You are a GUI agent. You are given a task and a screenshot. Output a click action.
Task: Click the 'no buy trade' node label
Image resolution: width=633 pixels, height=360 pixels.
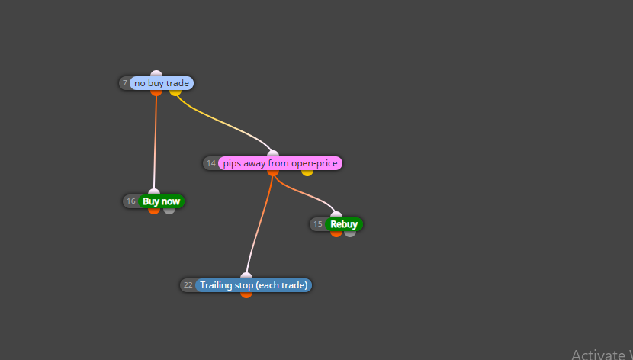coord(162,83)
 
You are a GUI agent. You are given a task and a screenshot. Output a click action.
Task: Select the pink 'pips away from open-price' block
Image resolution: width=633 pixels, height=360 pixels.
coord(280,163)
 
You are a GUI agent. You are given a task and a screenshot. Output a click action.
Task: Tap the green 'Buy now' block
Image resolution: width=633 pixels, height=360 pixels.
coord(161,201)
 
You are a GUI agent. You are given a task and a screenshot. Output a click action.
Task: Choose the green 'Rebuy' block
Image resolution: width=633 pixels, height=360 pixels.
coord(344,224)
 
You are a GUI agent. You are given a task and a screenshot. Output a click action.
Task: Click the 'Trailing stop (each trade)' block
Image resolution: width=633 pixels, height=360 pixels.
coord(253,285)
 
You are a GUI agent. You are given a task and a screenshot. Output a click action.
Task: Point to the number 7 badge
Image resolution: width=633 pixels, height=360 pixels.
coord(125,83)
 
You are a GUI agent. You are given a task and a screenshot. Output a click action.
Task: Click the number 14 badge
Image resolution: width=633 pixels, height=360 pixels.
coord(211,163)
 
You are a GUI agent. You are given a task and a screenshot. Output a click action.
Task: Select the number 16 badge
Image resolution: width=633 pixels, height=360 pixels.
coord(131,201)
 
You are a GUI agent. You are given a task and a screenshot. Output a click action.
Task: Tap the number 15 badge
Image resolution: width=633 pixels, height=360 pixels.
coord(318,224)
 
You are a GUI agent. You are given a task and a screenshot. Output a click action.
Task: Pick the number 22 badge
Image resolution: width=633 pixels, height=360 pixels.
coord(188,285)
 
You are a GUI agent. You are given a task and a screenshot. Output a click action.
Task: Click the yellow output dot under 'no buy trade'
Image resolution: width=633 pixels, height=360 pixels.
coord(175,92)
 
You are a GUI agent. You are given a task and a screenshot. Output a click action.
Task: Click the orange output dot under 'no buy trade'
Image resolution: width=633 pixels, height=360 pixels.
coord(156,92)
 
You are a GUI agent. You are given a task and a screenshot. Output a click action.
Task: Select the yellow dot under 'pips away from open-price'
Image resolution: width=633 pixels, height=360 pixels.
coord(307,172)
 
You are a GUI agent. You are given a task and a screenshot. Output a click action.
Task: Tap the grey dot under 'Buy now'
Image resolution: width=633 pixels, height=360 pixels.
coord(169,211)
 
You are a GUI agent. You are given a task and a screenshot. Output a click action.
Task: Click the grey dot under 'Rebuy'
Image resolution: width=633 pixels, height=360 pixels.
coord(350,233)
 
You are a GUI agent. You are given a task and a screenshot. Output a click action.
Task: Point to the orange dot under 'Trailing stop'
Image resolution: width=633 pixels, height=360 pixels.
coord(246,294)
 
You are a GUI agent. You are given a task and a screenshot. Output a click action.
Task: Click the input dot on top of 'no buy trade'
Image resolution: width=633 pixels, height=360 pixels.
coord(156,74)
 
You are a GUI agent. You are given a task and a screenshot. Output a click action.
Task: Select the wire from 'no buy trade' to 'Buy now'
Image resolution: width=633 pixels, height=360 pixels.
coord(155,143)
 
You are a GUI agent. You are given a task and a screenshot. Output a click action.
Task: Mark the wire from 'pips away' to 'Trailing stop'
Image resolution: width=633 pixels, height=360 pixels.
coord(257,224)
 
